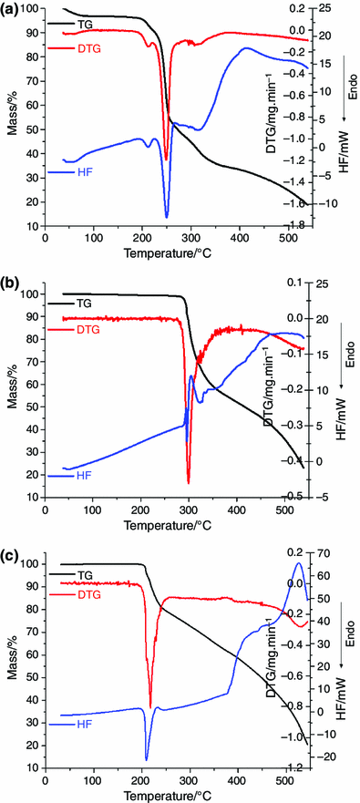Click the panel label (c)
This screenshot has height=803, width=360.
[x=15, y=546]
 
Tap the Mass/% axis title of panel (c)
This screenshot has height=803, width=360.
[x=13, y=653]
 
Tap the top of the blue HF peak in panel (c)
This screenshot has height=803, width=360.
[x=298, y=562]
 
